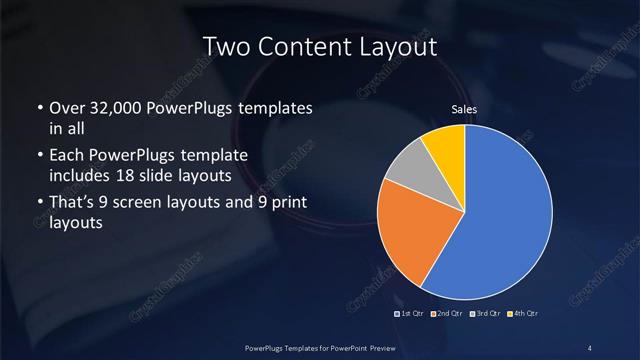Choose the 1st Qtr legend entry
click(x=412, y=314)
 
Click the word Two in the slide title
click(x=225, y=46)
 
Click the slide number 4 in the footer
click(x=590, y=347)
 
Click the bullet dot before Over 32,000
click(x=39, y=109)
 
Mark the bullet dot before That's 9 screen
click(x=39, y=205)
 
